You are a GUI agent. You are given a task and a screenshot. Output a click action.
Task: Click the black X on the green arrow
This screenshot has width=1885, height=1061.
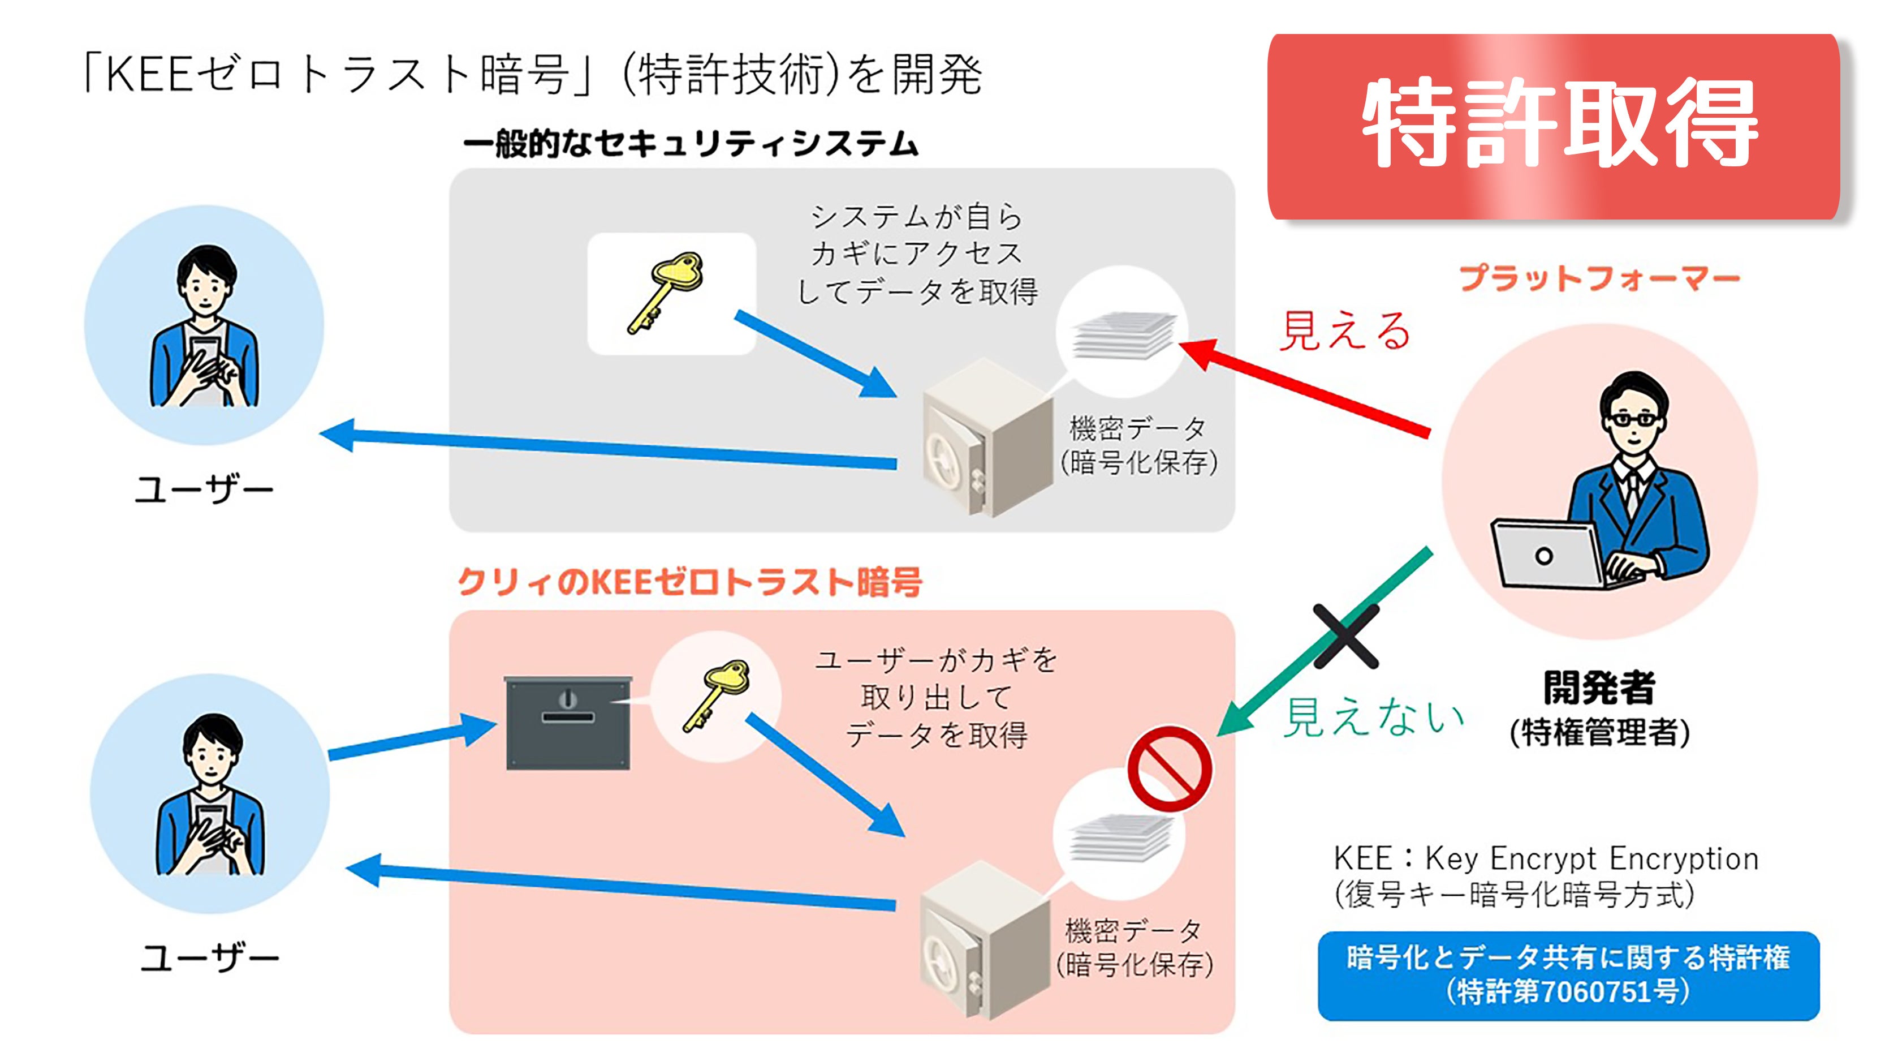pos(1345,635)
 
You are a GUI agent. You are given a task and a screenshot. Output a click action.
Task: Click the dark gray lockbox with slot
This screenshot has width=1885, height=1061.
pos(568,723)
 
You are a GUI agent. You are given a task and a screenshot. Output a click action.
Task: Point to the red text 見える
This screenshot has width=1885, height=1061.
pos(1345,331)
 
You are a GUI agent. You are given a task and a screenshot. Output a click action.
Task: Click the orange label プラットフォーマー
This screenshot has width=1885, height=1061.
pos(1599,279)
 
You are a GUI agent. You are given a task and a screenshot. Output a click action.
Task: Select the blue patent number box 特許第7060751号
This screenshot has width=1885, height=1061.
pos(1568,976)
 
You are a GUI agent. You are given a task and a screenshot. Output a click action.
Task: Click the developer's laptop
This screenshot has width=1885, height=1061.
pos(1551,555)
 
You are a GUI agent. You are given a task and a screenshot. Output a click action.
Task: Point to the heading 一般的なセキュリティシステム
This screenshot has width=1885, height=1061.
pos(690,144)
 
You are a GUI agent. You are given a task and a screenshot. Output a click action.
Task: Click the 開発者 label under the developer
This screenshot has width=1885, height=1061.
pos(1599,688)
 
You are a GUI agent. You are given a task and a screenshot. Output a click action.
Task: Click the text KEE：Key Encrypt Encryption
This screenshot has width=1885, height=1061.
pos(1546,858)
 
